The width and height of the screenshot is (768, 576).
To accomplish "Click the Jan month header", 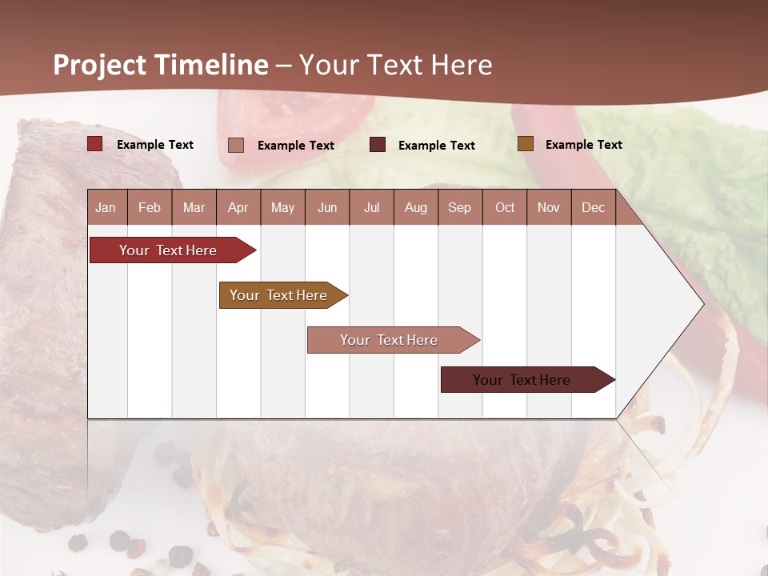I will pyautogui.click(x=106, y=207).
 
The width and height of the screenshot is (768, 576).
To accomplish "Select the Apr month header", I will pyautogui.click(x=238, y=207).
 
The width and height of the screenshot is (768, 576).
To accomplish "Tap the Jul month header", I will pyautogui.click(x=371, y=207).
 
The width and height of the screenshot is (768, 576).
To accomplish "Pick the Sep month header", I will pyautogui.click(x=459, y=207).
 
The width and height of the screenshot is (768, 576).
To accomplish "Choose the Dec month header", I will pyautogui.click(x=593, y=207).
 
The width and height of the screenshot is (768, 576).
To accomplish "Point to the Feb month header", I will pyautogui.click(x=150, y=207).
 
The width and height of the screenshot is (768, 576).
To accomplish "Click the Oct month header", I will pyautogui.click(x=505, y=207).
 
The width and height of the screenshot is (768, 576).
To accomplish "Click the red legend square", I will pyautogui.click(x=95, y=144).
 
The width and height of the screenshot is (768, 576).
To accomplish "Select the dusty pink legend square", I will pyautogui.click(x=236, y=145).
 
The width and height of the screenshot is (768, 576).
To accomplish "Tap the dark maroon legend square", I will pyautogui.click(x=378, y=145).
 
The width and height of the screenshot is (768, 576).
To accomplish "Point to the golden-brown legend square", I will pyautogui.click(x=525, y=144).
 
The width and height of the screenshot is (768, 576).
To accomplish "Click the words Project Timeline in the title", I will pyautogui.click(x=161, y=65).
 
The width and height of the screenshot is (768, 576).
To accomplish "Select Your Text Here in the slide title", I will pyautogui.click(x=395, y=65).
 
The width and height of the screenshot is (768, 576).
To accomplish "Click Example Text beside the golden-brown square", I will pyautogui.click(x=583, y=145).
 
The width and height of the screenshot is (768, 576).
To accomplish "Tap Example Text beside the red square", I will pyautogui.click(x=155, y=145).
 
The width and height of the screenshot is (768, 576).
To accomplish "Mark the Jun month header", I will pyautogui.click(x=327, y=207).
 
